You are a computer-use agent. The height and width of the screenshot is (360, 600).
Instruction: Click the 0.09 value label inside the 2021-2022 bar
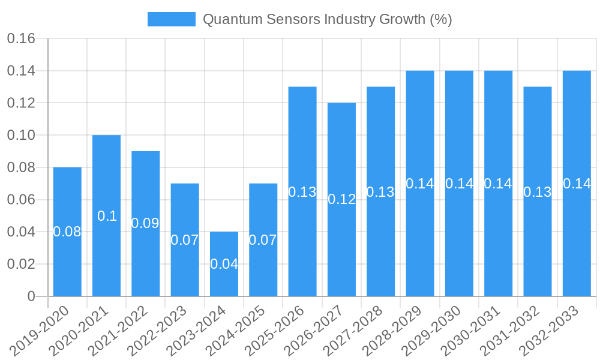coord(145,223)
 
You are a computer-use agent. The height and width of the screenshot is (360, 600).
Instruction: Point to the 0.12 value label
coord(341,199)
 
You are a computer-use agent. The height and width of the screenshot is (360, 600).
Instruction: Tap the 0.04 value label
coord(224,263)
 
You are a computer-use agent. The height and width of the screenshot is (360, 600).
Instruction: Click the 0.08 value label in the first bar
coord(67,232)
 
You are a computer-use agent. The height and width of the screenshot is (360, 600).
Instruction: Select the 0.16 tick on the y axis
coord(21,39)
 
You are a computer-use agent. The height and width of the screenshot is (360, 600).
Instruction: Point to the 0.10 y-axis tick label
coord(21,136)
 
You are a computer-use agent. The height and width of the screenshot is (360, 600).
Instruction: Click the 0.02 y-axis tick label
coord(21,264)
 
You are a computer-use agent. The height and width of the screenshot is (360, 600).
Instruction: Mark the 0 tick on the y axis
coord(31,296)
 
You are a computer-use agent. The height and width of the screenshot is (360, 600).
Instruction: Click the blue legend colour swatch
coord(172,19)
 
